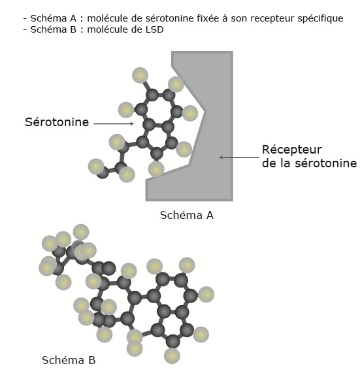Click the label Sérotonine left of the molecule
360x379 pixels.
click(x=57, y=122)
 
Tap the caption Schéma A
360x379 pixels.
click(x=187, y=215)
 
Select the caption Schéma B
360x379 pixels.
click(x=69, y=360)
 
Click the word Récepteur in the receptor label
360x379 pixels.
click(x=292, y=150)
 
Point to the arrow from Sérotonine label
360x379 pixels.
click(x=114, y=124)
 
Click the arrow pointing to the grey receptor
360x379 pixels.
click(x=239, y=157)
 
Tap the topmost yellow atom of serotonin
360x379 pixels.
click(x=140, y=75)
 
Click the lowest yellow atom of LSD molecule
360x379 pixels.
click(x=172, y=355)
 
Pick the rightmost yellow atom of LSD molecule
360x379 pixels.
click(x=206, y=295)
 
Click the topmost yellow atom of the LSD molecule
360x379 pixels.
click(x=81, y=232)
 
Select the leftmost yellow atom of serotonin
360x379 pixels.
click(x=96, y=167)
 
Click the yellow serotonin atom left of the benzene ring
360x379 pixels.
click(x=126, y=110)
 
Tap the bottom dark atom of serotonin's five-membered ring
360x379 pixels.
click(x=157, y=154)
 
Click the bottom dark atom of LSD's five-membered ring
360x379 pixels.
click(x=173, y=341)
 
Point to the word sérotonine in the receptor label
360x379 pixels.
click(x=326, y=163)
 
